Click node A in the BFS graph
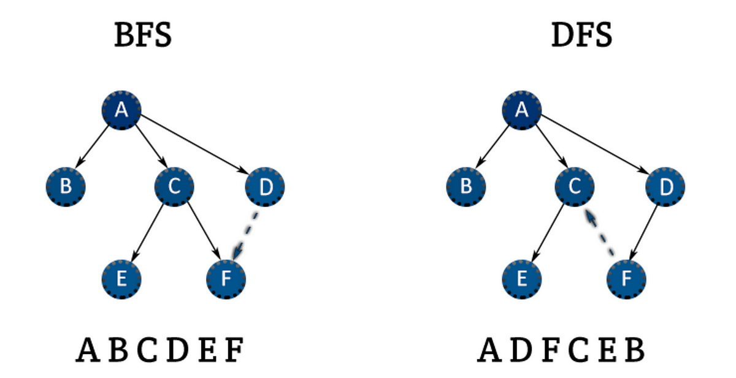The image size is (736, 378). click(121, 110)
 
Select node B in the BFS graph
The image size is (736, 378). click(66, 186)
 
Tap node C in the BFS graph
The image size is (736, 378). click(174, 186)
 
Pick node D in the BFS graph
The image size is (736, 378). click(265, 186)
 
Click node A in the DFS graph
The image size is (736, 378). click(522, 110)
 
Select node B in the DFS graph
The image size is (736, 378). click(466, 186)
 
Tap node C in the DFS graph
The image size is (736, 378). click(575, 186)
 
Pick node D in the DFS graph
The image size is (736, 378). click(665, 186)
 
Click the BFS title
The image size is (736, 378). click(143, 37)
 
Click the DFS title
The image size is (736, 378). click(581, 37)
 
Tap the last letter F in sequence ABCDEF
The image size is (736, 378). click(234, 350)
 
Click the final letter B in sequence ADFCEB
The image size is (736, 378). click(634, 350)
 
